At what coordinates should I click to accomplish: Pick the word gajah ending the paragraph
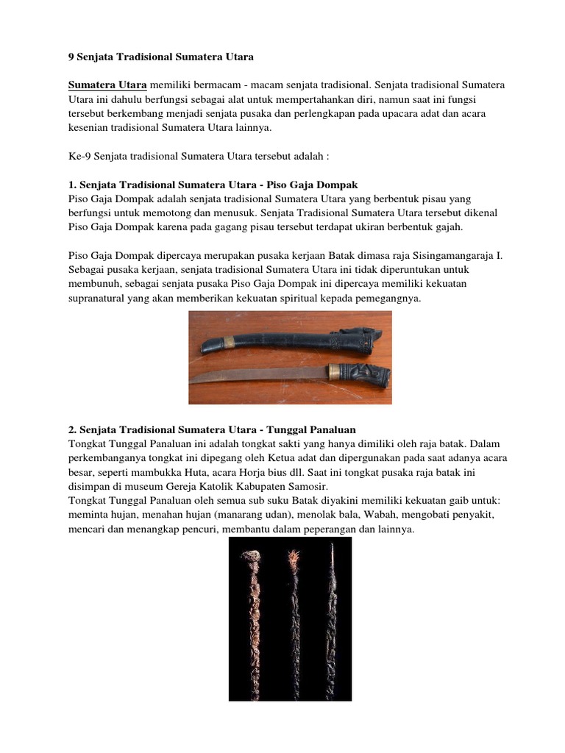click(x=446, y=226)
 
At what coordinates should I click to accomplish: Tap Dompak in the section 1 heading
click(x=335, y=184)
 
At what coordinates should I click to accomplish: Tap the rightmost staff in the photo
click(x=332, y=618)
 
